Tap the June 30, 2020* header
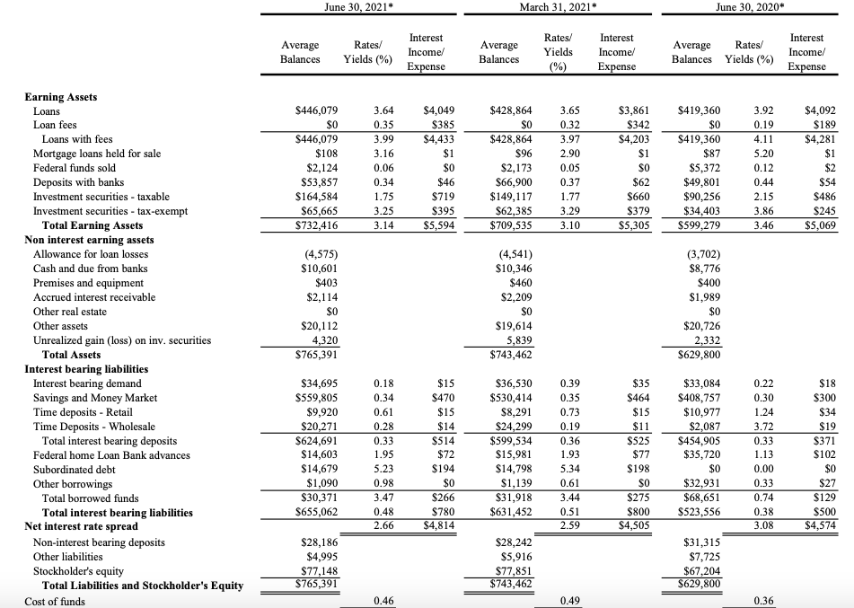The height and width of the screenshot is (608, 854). click(x=756, y=7)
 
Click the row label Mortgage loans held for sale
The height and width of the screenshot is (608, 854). click(x=97, y=154)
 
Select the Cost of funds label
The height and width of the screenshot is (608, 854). click(x=56, y=601)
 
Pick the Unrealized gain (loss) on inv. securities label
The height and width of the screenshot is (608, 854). click(x=122, y=340)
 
